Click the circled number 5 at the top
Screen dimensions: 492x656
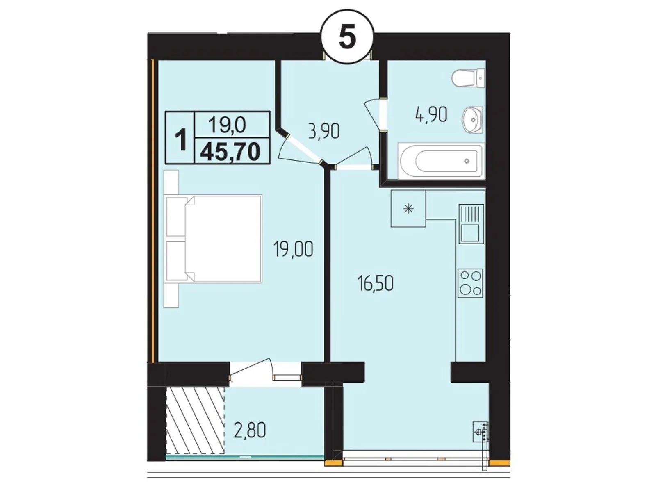[x=347, y=38]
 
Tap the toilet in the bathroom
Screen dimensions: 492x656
[x=468, y=78]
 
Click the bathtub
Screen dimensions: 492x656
[x=441, y=161]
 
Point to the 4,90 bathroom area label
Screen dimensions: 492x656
[x=430, y=115]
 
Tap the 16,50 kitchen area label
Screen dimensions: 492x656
[x=376, y=283]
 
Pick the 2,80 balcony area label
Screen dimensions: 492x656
[x=250, y=431]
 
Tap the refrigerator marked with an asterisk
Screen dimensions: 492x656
[x=408, y=208]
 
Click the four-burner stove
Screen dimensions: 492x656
[x=470, y=283]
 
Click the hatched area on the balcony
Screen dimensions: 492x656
[x=196, y=421]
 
